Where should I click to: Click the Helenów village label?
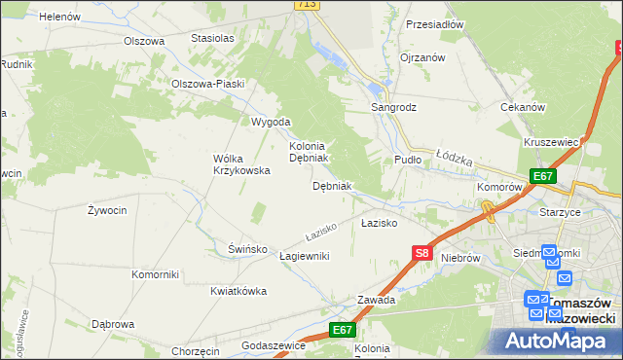coord(59,17)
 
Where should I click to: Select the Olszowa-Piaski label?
coord(207,84)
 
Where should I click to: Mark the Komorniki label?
coord(156,274)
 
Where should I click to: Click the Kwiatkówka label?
coord(238,291)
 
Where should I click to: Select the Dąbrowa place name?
coord(112,324)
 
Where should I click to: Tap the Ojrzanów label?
coord(422,57)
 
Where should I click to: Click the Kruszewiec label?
coord(552,142)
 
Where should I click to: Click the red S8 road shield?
coord(421,253)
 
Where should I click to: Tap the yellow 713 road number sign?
coord(308,5)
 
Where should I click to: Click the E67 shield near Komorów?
coord(543,176)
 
